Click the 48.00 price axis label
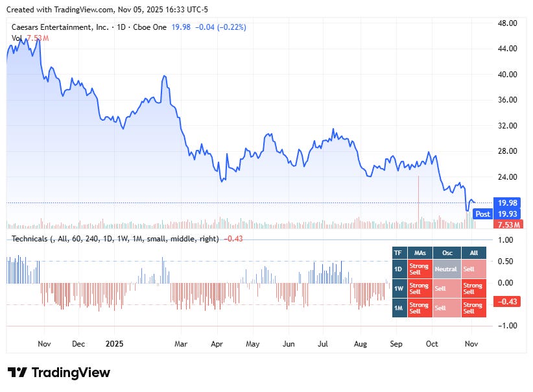click(x=507, y=23)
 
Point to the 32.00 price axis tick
click(x=507, y=125)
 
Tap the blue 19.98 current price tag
click(x=506, y=202)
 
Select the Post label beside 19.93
click(x=482, y=214)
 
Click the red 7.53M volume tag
click(x=506, y=225)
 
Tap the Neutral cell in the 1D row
click(x=445, y=269)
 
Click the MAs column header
click(x=419, y=253)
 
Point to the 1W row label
click(x=399, y=287)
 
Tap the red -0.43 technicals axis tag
click(x=506, y=301)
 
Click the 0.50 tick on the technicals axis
click(x=505, y=262)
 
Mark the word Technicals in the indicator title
click(x=30, y=239)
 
